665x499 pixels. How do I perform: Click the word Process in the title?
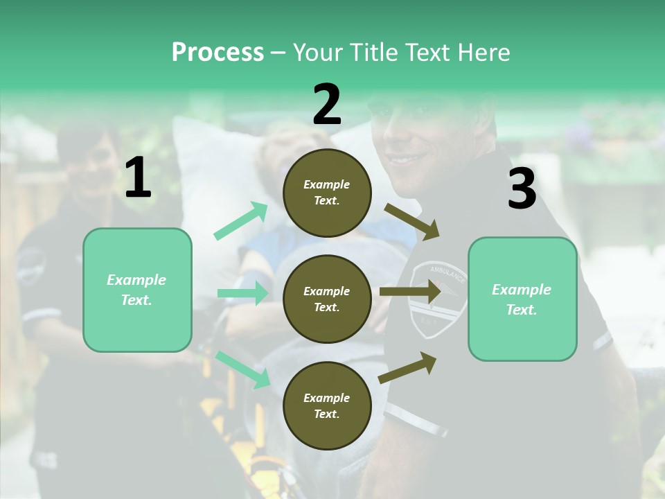click(x=218, y=53)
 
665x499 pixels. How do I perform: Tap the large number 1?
click(x=138, y=179)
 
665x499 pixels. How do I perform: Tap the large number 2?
click(x=327, y=105)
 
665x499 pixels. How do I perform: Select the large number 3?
click(x=522, y=189)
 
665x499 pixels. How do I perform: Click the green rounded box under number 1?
click(x=137, y=290)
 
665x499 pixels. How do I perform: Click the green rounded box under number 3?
click(x=522, y=299)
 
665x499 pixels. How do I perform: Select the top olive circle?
click(x=327, y=193)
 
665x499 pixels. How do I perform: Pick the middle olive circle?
click(x=327, y=299)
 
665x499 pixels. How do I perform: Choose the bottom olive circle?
click(x=327, y=405)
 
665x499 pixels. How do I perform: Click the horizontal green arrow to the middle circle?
click(x=243, y=293)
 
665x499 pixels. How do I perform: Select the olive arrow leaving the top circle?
click(x=411, y=221)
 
